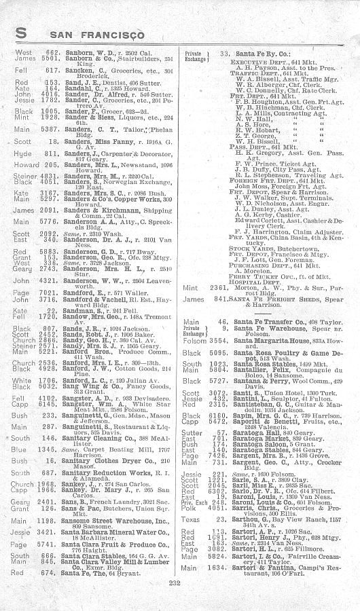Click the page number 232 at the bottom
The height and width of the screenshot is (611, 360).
pyautogui.click(x=180, y=582)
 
